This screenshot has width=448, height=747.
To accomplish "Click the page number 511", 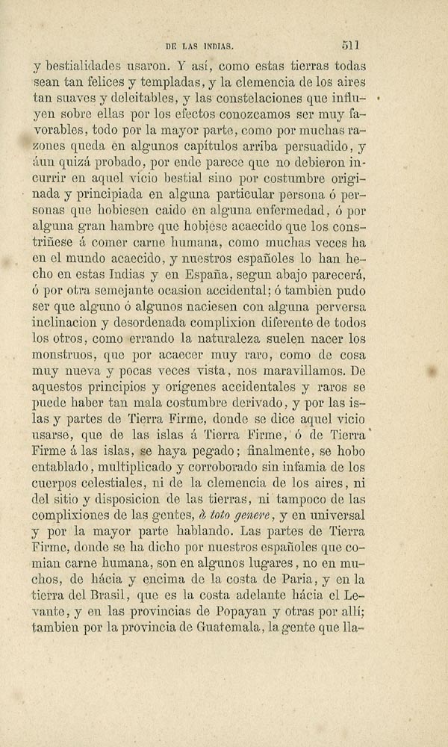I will click(x=351, y=45).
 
